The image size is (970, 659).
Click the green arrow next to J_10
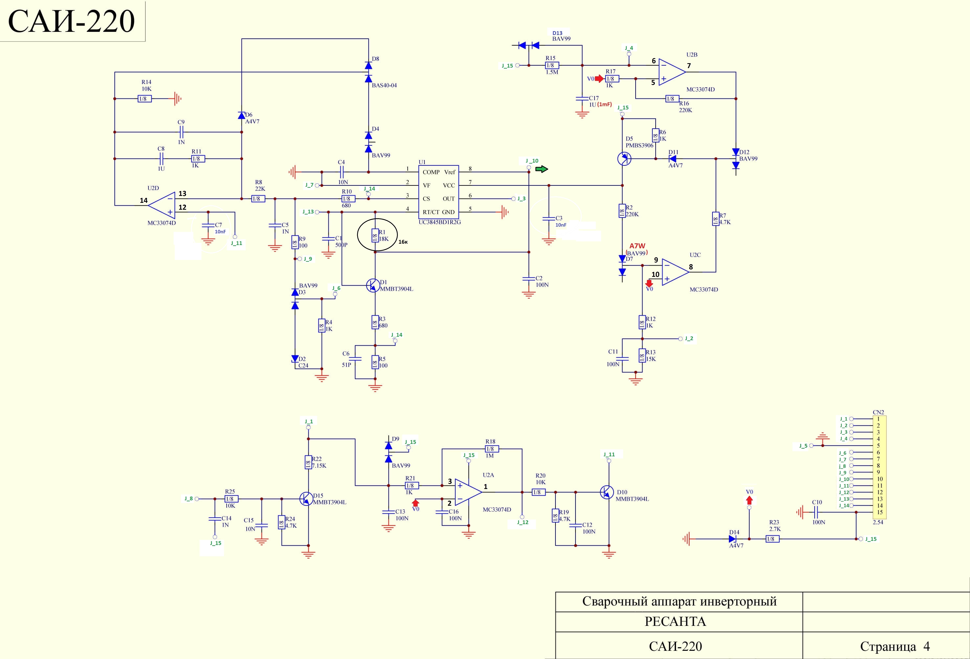pos(542,169)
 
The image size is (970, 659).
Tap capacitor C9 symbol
pos(181,132)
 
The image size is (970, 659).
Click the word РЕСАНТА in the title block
pos(675,621)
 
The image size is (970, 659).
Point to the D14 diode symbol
pos(733,539)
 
